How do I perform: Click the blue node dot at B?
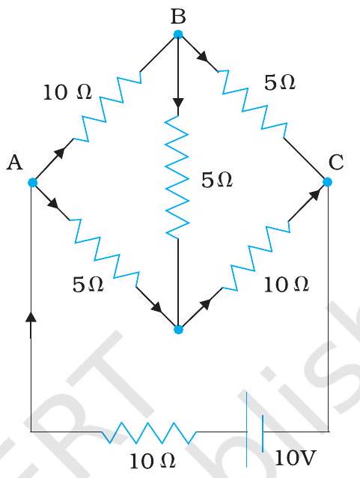[178, 34]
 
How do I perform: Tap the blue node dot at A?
[32, 183]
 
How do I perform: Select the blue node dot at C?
[327, 182]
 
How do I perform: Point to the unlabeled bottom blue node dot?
[178, 330]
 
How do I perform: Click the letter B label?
[178, 16]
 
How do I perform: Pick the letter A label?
[15, 163]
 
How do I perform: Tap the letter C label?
[336, 162]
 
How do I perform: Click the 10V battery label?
[295, 458]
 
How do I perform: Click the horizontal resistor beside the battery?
[149, 432]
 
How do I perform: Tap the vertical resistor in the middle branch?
[177, 177]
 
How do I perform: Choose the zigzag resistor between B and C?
[252, 104]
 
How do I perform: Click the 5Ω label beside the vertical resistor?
[217, 180]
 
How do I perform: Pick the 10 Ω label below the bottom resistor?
[152, 461]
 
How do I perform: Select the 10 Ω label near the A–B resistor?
[67, 92]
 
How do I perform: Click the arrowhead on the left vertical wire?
[31, 317]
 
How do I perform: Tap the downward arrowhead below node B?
[178, 103]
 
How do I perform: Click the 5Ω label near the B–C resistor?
[280, 82]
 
